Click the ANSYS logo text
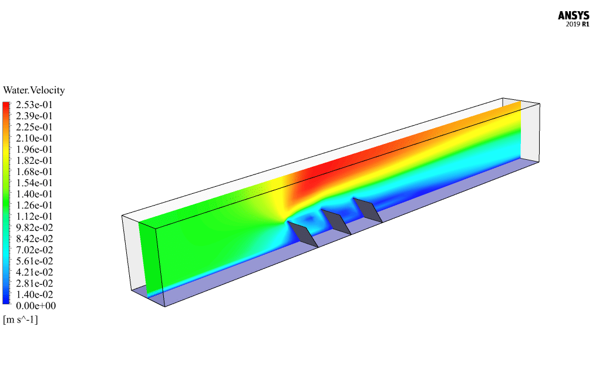[x=573, y=16]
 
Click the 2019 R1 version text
[x=577, y=25]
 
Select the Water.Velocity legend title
[x=34, y=90]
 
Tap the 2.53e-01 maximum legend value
[x=34, y=105]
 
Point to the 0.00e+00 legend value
[x=36, y=305]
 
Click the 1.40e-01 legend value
[x=34, y=194]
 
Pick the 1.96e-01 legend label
[x=34, y=149]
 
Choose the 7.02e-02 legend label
[x=34, y=250]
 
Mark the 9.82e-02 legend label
[x=34, y=228]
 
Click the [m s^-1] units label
[x=21, y=320]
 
